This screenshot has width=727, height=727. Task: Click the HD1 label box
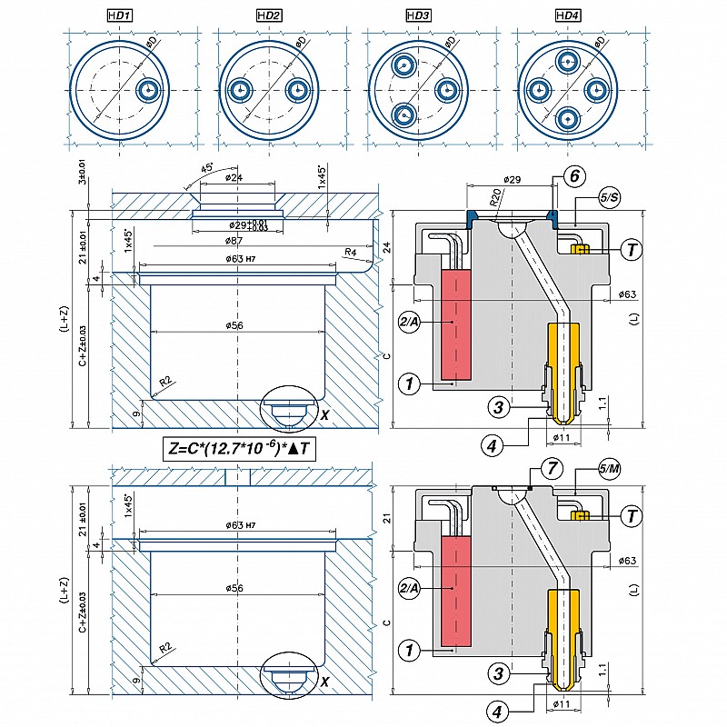click(x=121, y=15)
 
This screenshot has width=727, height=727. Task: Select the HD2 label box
click(x=269, y=15)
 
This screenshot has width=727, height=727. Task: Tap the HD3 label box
click(x=417, y=15)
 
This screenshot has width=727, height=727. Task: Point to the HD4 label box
click(x=566, y=15)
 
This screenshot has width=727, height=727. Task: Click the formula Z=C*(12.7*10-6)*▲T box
click(x=243, y=447)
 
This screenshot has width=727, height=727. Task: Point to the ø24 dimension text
click(x=235, y=178)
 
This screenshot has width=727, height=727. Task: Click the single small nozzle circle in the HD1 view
click(x=148, y=91)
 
